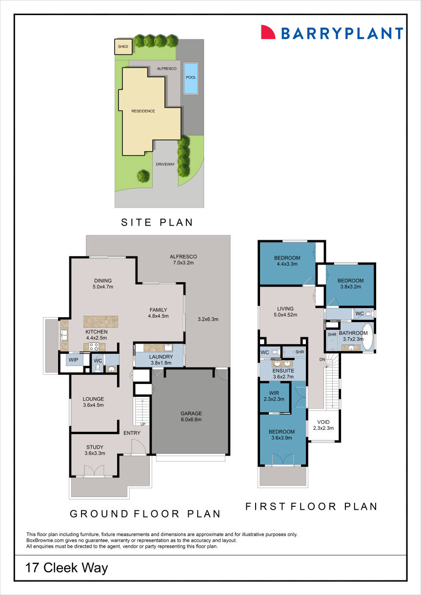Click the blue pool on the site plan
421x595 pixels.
(191, 78)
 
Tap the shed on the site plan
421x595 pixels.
(122, 47)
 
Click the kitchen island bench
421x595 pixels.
(101, 321)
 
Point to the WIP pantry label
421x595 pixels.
(74, 360)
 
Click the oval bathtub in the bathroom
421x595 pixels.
(367, 337)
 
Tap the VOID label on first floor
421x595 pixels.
(323, 422)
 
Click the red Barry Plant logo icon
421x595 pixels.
(268, 32)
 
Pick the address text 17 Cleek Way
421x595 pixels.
(67, 568)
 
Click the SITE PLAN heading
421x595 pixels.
(157, 223)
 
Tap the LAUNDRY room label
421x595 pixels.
(159, 356)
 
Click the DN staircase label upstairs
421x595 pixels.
(322, 360)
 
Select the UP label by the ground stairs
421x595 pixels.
(143, 424)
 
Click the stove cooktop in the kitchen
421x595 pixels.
(93, 347)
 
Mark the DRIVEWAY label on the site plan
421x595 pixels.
(165, 164)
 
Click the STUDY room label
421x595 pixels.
(95, 447)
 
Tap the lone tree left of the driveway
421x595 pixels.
(143, 175)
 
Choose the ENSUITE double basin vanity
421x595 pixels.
(282, 363)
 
